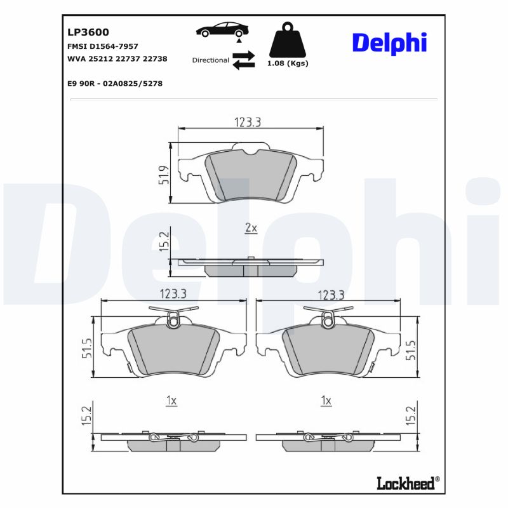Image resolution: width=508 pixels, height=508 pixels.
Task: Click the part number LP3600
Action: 88,32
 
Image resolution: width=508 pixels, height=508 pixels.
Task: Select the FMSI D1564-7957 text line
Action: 103,46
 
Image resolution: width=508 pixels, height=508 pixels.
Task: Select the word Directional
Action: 210,60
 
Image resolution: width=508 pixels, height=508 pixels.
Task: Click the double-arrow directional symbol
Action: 243,60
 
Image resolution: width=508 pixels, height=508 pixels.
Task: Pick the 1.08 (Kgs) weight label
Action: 288,63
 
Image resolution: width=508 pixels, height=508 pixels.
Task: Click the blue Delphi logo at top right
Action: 389,43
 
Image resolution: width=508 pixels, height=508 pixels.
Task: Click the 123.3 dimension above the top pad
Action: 247,123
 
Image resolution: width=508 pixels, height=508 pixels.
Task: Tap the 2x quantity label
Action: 251,227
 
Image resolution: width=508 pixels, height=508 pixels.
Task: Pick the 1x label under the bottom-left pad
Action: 171,401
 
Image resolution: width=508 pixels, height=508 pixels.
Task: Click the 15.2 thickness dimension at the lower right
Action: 411,416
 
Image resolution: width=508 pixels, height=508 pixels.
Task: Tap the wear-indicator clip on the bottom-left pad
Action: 172,321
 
